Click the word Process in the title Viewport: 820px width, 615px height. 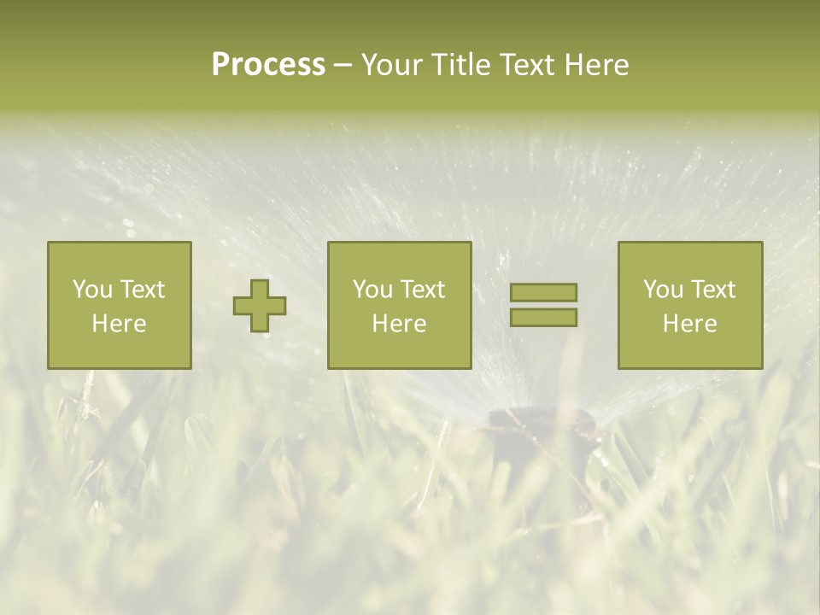(268, 65)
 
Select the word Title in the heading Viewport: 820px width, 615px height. (460, 65)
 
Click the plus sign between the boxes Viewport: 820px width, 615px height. (260, 306)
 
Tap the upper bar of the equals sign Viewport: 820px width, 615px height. (543, 292)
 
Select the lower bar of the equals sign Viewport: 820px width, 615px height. (543, 318)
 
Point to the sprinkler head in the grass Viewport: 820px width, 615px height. (541, 427)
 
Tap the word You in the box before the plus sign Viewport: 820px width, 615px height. (92, 290)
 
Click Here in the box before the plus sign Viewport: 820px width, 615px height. (119, 324)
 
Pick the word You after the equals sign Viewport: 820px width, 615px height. (663, 290)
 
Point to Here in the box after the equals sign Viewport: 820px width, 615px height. (689, 324)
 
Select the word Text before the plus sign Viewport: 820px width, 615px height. (142, 290)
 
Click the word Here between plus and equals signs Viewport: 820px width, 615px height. (399, 324)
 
